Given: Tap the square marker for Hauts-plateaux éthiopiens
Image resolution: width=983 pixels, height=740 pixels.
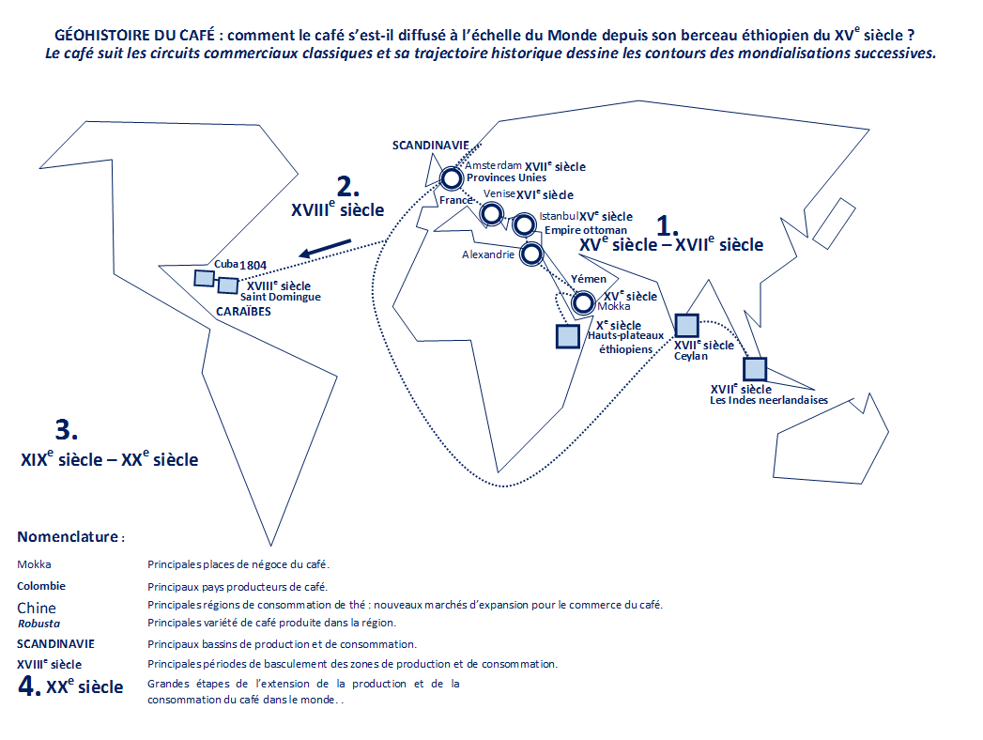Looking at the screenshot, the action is tap(568, 336).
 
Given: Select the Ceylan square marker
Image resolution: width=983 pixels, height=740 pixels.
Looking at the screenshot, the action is tap(686, 326).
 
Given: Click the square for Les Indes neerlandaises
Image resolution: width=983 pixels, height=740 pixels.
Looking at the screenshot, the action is tap(755, 369).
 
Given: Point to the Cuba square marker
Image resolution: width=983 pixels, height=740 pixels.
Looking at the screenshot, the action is tap(204, 278).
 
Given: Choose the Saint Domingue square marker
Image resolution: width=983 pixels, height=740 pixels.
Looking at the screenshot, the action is tap(227, 285).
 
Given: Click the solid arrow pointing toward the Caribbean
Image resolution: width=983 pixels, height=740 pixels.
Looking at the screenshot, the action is tap(326, 248).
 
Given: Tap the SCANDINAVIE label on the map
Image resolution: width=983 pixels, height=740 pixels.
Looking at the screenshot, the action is tap(431, 146).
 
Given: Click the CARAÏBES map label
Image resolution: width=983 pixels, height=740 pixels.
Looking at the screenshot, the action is tap(244, 311).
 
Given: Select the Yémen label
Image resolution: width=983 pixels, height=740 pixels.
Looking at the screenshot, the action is tap(589, 279).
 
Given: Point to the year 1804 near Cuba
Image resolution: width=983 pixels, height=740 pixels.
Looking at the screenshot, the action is tap(253, 265).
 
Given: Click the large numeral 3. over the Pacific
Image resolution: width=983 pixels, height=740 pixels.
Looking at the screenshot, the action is tap(67, 429).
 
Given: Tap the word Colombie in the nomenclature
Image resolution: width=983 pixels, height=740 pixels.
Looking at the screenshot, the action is tap(41, 586).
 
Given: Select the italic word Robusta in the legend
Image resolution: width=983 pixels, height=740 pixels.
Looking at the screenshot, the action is tap(38, 624).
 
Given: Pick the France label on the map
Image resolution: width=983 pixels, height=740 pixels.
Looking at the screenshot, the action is tap(455, 200).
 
